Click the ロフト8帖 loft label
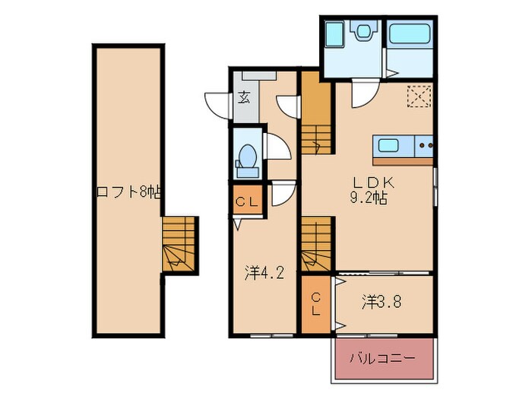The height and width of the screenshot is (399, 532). (x=127, y=192)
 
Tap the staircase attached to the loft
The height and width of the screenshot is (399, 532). (x=179, y=244)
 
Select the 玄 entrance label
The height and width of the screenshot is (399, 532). (x=244, y=97)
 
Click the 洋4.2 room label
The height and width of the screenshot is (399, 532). (x=264, y=272)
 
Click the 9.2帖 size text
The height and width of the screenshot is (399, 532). (x=369, y=198)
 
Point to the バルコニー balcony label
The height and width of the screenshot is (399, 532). (x=382, y=357)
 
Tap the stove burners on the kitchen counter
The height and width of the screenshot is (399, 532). (x=424, y=144)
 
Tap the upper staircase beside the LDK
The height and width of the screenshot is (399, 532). (x=316, y=114)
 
